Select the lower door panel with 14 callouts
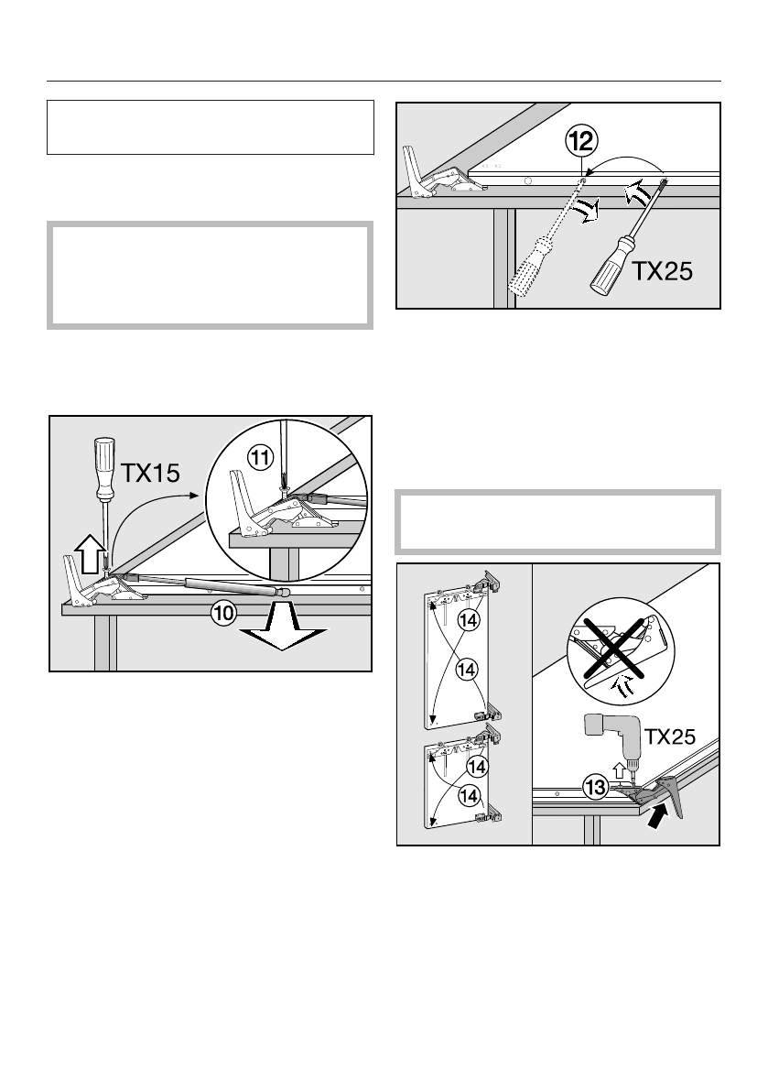[457, 780]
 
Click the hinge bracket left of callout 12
[434, 173]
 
